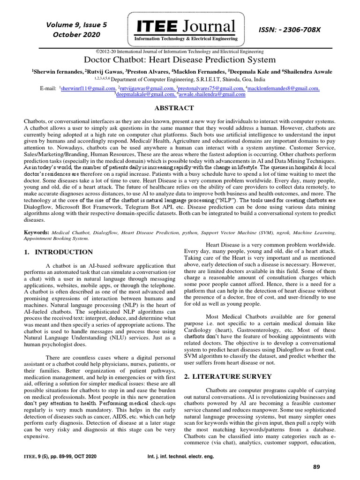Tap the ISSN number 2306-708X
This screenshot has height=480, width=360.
click(x=290, y=30)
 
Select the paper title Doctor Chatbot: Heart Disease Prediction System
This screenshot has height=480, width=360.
click(x=180, y=60)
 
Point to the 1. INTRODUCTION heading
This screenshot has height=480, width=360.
click(x=58, y=252)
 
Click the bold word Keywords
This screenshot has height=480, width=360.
click(x=37, y=232)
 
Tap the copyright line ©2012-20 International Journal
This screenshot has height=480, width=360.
click(x=180, y=52)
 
